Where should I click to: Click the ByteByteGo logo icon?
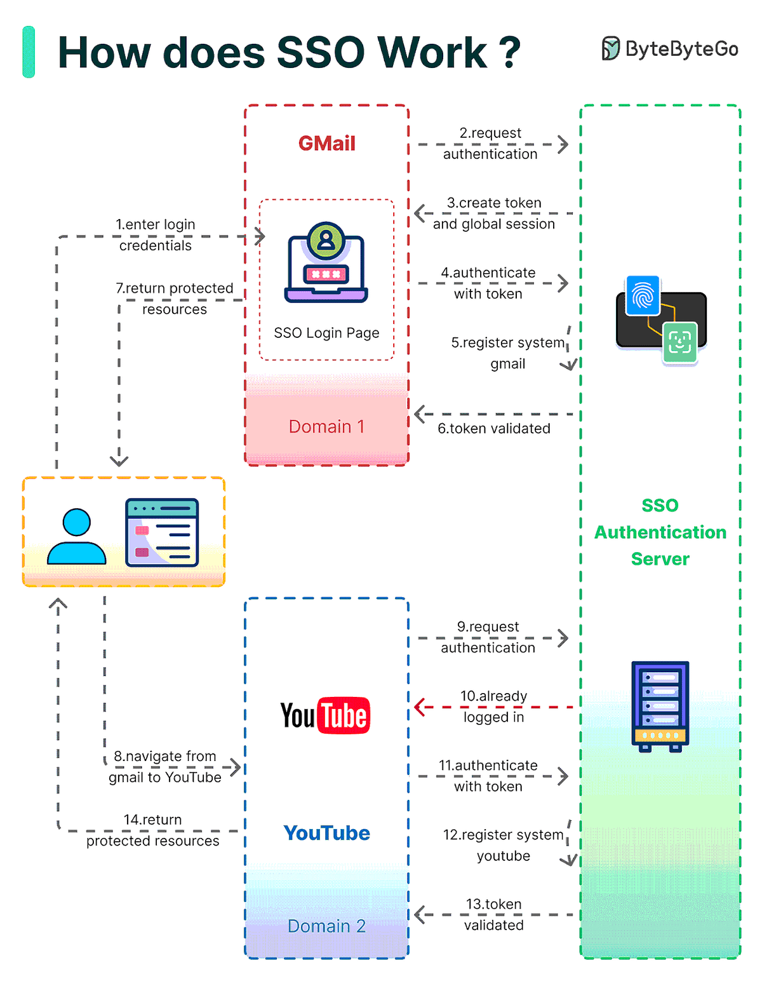pos(610,49)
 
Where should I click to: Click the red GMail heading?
pos(327,144)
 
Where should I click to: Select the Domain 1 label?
pos(326,427)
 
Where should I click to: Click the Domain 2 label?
pos(326,926)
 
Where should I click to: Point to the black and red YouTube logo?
pos(325,716)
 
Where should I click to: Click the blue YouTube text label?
pos(326,833)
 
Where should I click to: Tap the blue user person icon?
pos(77,537)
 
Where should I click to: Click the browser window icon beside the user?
pos(162,532)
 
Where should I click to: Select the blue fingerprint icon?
pos(643,296)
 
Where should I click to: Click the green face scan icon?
pos(679,342)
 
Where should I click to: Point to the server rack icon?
pos(660,706)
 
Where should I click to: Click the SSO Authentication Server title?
pos(660,532)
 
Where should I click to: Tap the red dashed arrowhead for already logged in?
pos(420,706)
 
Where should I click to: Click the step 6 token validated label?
pos(493,429)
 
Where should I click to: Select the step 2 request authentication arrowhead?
pos(563,144)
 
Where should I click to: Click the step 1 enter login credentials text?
pos(156,235)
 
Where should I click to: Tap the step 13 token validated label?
pos(493,915)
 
